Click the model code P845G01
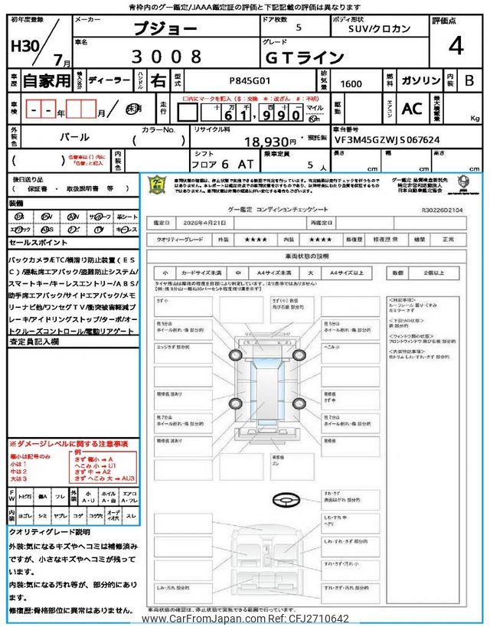[x=244, y=80]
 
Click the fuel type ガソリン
[x=422, y=80]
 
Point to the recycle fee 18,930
[x=269, y=142]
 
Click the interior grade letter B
[x=469, y=79]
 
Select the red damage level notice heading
[x=68, y=444]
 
